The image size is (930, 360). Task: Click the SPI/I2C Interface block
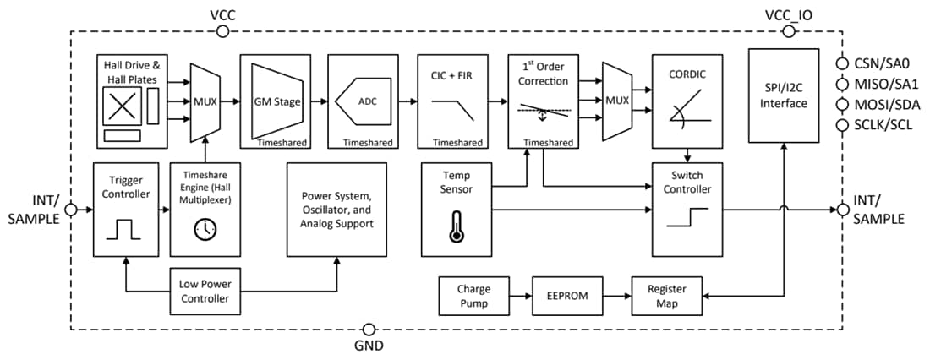pos(783,95)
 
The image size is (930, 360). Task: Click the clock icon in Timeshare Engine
pos(204,228)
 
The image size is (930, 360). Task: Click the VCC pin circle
pos(222,31)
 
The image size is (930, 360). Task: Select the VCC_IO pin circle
pos(789,31)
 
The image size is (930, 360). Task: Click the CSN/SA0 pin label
pos(881,63)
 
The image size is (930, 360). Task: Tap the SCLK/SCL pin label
pos(883,126)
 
